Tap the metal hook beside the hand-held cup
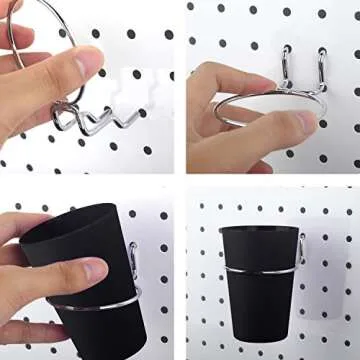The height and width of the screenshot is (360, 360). click(x=132, y=258)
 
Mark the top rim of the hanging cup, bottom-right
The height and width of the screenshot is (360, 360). click(x=258, y=229)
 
